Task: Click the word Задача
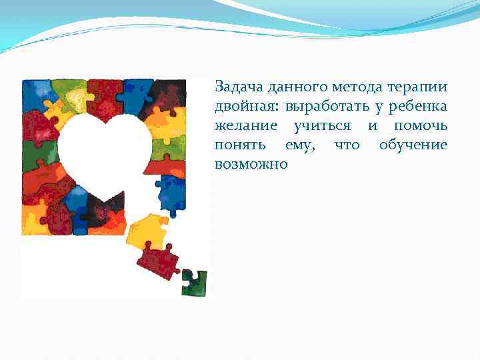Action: [237, 87]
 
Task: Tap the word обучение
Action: [413, 145]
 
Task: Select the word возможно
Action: [251, 164]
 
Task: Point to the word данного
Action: [297, 87]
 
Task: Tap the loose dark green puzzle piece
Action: [194, 281]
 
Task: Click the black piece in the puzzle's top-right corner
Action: [170, 93]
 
